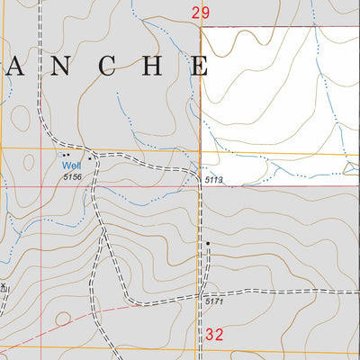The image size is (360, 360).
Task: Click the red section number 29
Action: pyautogui.click(x=200, y=13)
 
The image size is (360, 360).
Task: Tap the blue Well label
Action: pyautogui.click(x=70, y=166)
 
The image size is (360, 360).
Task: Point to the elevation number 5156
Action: pyautogui.click(x=73, y=177)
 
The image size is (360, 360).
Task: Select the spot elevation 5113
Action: pyautogui.click(x=213, y=181)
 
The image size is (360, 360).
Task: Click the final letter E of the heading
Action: pyautogui.click(x=198, y=66)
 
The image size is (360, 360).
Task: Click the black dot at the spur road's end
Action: pyautogui.click(x=207, y=244)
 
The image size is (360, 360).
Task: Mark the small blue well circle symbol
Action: pyautogui.click(x=60, y=155)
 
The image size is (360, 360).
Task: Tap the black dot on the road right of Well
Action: pyautogui.click(x=90, y=157)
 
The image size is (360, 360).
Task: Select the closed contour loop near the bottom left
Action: pyautogui.click(x=62, y=319)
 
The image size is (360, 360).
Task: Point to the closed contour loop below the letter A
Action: pyautogui.click(x=18, y=118)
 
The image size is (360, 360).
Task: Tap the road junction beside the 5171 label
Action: pyautogui.click(x=198, y=294)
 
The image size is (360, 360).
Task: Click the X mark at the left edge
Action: pyautogui.click(x=3, y=288)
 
